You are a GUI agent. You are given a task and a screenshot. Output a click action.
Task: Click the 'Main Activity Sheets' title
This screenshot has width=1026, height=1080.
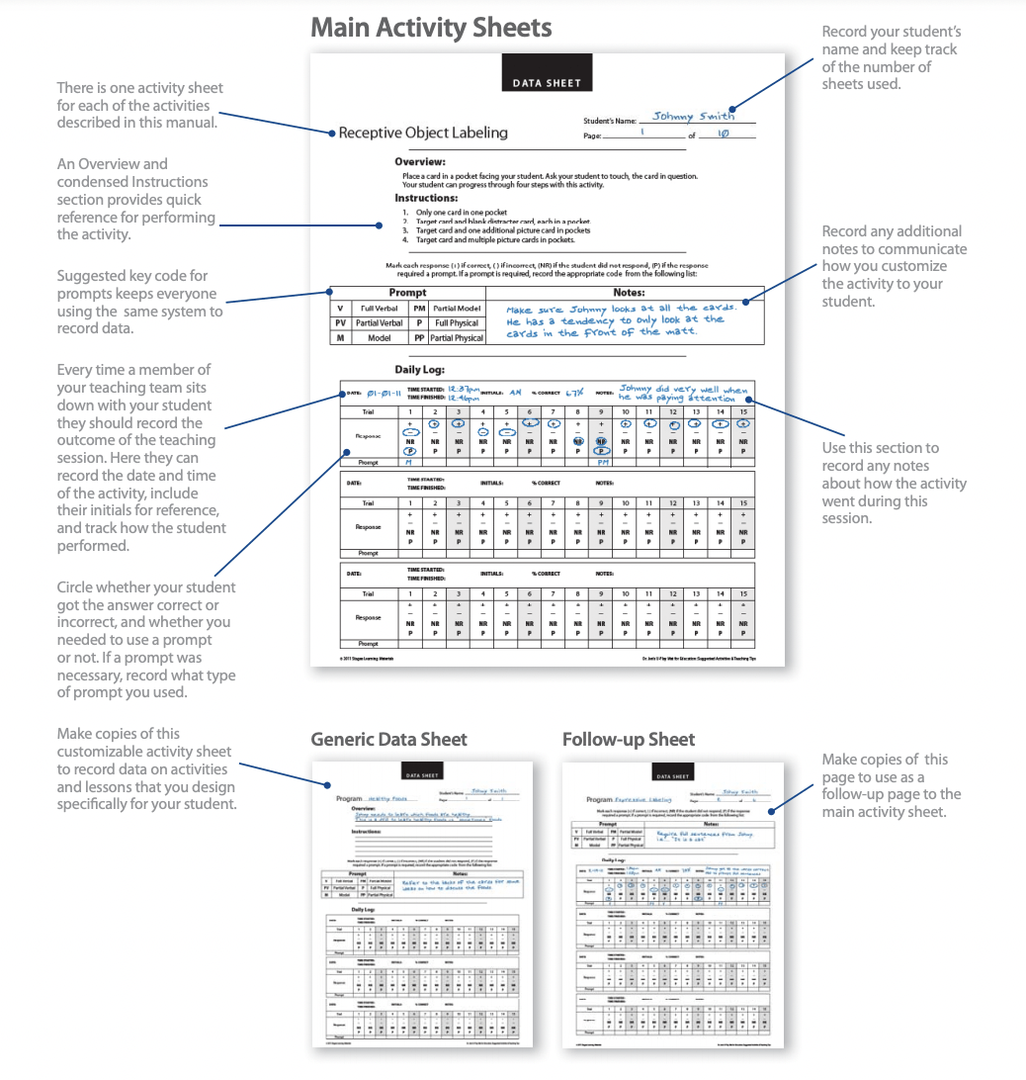point(431,27)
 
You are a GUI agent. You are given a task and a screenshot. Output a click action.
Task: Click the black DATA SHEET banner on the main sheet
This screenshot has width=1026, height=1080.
point(547,83)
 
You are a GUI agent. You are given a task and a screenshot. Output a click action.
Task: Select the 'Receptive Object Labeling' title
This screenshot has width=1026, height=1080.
point(423,133)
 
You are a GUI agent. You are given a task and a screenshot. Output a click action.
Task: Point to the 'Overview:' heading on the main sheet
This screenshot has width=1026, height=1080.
point(420,161)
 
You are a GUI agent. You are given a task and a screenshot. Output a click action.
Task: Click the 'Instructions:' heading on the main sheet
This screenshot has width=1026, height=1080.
point(426,198)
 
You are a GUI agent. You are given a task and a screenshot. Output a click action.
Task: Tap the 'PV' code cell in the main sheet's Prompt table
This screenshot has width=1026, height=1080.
point(340,322)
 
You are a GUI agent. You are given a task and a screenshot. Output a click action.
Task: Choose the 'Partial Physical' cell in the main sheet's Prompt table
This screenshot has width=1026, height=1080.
point(457,337)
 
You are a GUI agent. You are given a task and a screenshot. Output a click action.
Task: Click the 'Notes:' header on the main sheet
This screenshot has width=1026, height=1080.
point(629,293)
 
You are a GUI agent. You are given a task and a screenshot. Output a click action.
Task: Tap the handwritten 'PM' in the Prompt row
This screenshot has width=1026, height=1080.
point(601,462)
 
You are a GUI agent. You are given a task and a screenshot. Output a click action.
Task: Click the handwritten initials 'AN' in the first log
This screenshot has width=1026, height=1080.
point(515,393)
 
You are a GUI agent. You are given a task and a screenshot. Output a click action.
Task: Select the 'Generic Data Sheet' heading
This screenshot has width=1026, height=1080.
point(388,739)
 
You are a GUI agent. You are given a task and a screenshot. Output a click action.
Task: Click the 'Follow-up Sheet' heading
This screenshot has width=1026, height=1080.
point(628,739)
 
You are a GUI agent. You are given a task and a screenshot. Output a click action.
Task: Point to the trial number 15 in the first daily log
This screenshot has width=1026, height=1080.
point(743,411)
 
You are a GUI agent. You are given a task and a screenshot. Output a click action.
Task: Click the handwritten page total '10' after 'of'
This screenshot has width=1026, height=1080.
point(723,134)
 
